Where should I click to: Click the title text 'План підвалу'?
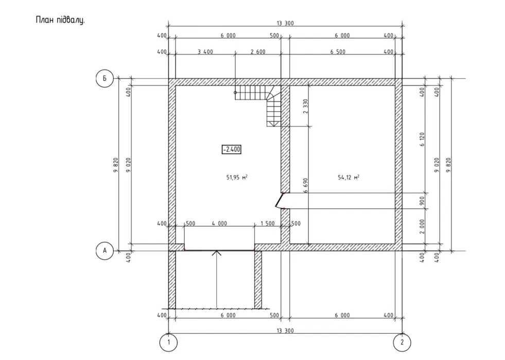[x=60, y=20]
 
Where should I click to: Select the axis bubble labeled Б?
[x=105, y=79]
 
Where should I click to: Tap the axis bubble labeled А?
[x=105, y=250]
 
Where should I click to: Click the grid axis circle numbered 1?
[x=168, y=343]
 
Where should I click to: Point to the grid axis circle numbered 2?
[x=402, y=343]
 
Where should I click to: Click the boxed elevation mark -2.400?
[x=231, y=149]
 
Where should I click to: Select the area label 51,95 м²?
[x=237, y=177]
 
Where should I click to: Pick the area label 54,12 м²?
[x=349, y=177]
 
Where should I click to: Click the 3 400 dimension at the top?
[x=205, y=51]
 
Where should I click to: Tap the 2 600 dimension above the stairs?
[x=258, y=51]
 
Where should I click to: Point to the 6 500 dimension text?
[x=338, y=51]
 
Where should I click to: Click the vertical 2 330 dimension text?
[x=306, y=106]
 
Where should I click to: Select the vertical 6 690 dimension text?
[x=306, y=185]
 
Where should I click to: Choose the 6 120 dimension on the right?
[x=422, y=139]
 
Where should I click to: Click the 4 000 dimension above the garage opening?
[x=219, y=224]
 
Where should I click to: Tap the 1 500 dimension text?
[x=268, y=224]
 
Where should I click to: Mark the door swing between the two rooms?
[x=279, y=200]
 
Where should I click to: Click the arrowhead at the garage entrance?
[x=217, y=253]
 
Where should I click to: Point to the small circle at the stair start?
[x=235, y=93]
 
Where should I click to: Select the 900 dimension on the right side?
[x=422, y=201]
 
